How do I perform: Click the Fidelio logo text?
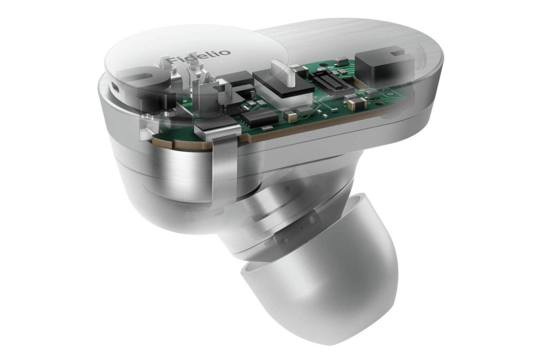coord(198,57)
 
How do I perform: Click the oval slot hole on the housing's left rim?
coord(116,88)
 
